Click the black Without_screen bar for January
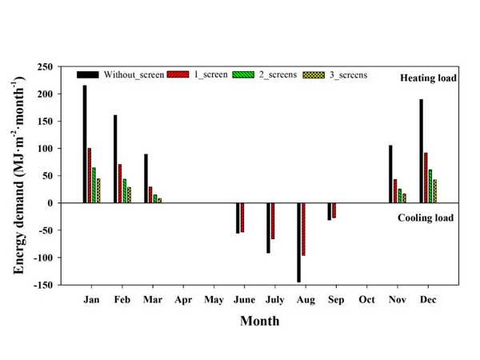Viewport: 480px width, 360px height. pos(84,144)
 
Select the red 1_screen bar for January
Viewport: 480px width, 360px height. pos(90,175)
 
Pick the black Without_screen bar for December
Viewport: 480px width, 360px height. pos(421,151)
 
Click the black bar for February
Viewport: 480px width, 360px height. pos(115,159)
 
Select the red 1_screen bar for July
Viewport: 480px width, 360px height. pos(273,221)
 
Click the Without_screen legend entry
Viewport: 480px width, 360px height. pos(121,74)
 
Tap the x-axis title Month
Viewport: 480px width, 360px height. pos(260,321)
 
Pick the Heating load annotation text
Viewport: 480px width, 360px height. pos(429,78)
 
